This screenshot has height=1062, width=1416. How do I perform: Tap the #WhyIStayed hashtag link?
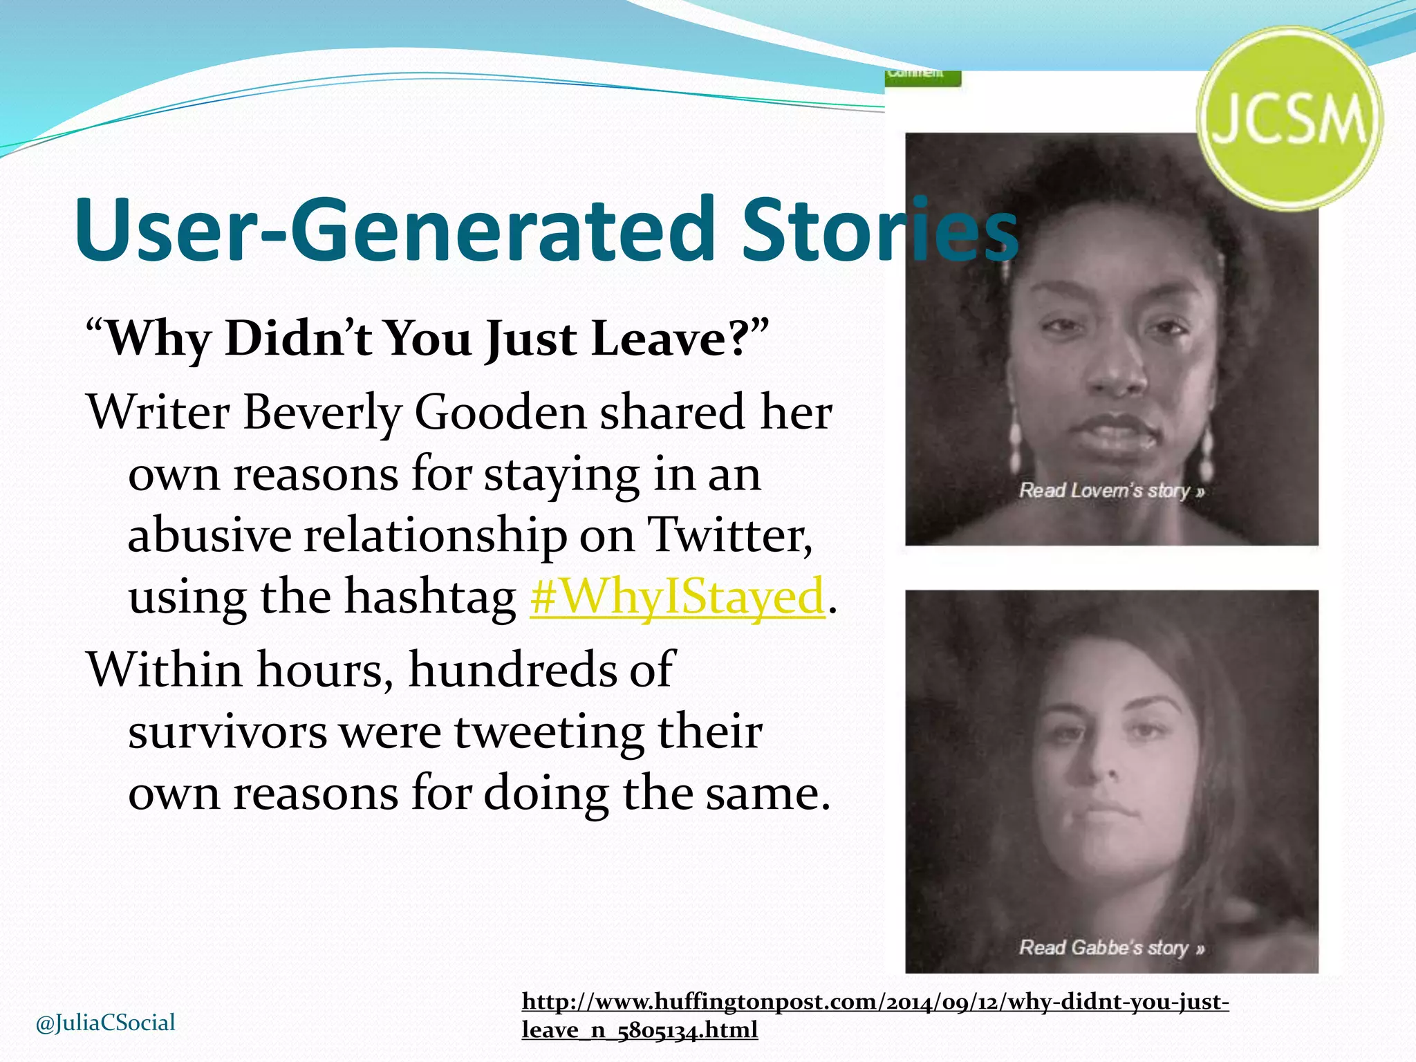pos(678,596)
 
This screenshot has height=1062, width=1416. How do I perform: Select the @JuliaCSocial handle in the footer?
pos(105,1023)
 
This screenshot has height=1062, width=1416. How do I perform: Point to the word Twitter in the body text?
pos(730,535)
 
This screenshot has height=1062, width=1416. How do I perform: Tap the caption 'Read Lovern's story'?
pos(1111,491)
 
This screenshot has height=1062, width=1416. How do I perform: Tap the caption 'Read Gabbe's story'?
pos(1111,947)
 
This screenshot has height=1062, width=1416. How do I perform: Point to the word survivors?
pos(227,732)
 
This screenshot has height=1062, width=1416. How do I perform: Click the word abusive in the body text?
pos(209,535)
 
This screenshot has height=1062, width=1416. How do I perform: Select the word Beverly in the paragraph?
pos(322,413)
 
